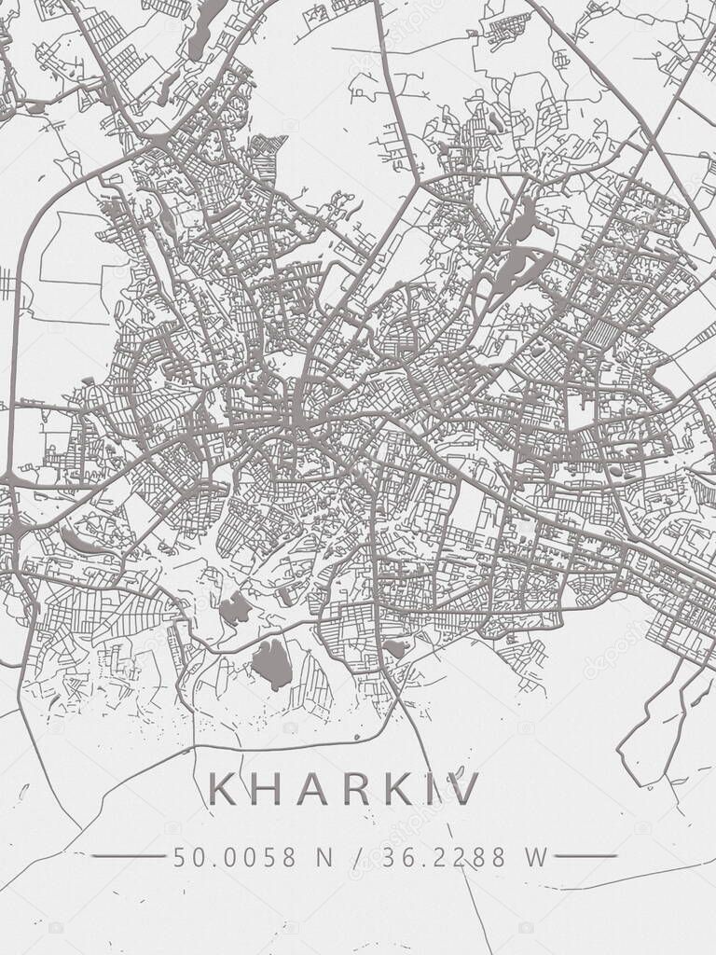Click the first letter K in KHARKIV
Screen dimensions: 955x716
click(x=224, y=790)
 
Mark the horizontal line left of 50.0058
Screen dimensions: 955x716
click(x=128, y=855)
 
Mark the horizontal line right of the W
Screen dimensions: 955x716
click(x=585, y=855)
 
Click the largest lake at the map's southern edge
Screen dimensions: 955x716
click(x=272, y=664)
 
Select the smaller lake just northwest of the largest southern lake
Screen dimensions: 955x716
click(x=234, y=610)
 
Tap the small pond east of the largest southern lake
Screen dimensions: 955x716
click(x=394, y=648)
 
